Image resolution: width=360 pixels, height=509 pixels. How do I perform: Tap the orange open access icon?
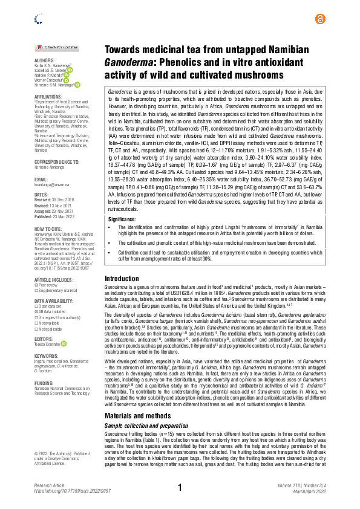[x=319, y=19]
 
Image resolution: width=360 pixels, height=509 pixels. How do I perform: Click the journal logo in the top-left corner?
[x=39, y=19]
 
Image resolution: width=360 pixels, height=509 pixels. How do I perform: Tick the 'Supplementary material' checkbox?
[x=36, y=290]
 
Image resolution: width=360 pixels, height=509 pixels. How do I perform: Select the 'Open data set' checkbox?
[x=36, y=306]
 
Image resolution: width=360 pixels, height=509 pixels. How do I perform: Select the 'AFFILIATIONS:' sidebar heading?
[x=49, y=96]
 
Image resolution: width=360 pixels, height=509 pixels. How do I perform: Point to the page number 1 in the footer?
[x=180, y=487]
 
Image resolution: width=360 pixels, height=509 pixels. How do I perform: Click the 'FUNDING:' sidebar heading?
[x=44, y=366]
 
